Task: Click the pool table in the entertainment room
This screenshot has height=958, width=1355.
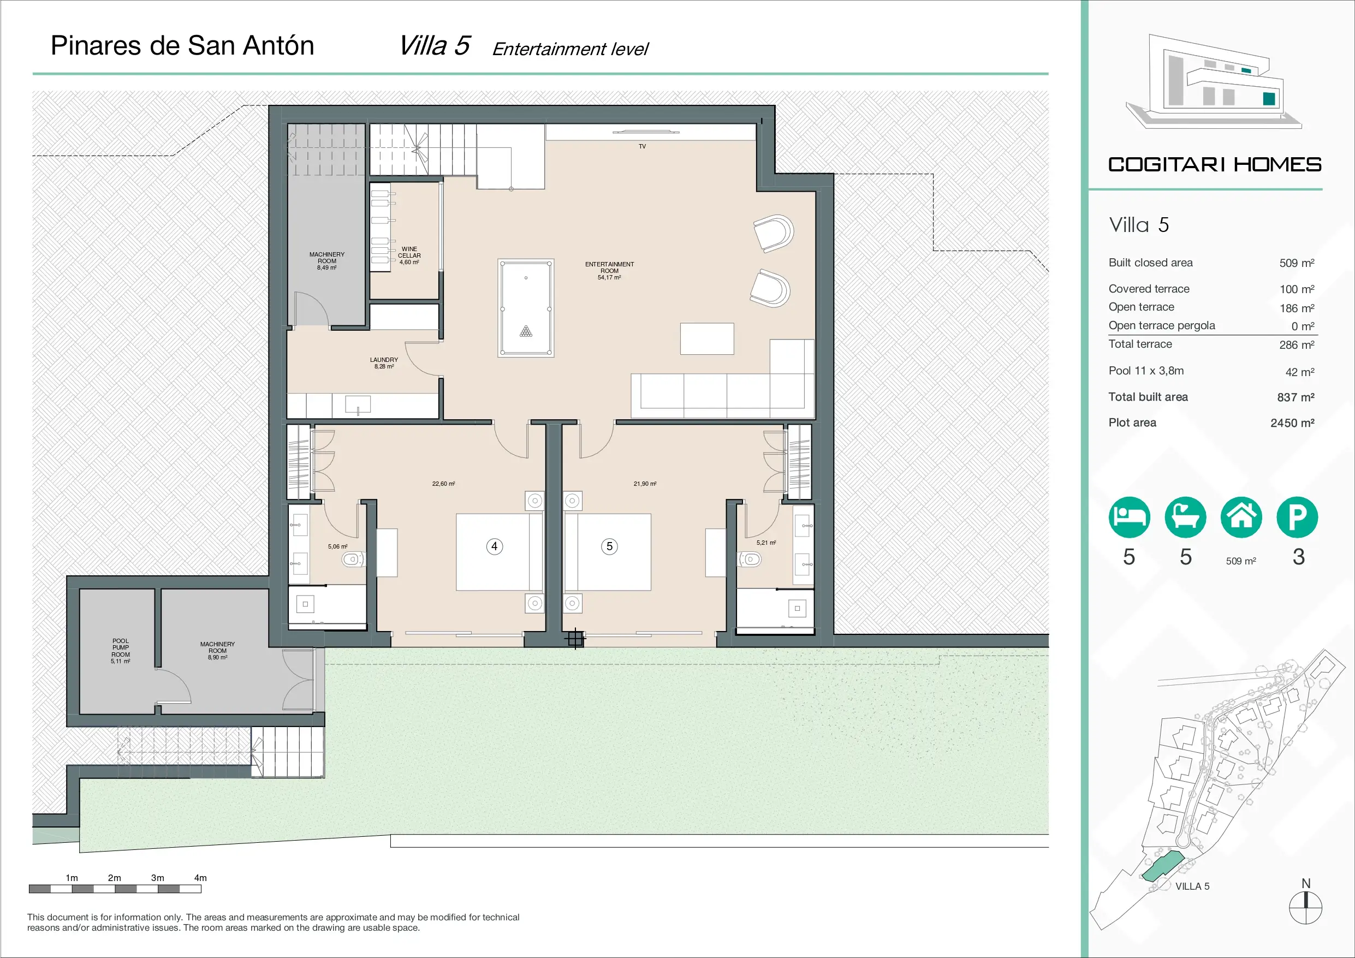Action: tap(526, 308)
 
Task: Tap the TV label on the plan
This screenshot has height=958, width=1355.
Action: tap(642, 146)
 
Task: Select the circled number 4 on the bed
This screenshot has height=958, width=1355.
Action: tap(495, 546)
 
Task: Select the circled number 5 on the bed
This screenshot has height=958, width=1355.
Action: tap(610, 546)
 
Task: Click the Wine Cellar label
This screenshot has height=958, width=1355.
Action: tap(409, 255)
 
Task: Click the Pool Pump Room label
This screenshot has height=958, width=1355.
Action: tap(121, 651)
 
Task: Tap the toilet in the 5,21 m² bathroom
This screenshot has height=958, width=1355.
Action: tap(750, 558)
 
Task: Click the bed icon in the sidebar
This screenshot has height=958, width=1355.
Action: tap(1129, 517)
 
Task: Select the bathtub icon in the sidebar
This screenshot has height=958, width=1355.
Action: tap(1185, 517)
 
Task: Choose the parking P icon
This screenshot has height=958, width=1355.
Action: tap(1297, 517)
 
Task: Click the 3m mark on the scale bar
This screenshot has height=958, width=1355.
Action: tap(158, 878)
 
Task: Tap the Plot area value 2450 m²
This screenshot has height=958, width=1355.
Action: tap(1292, 423)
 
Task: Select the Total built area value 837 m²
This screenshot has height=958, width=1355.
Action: tap(1296, 397)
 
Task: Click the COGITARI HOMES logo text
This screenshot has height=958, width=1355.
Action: tap(1215, 164)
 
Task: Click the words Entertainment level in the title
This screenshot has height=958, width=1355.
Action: tap(570, 49)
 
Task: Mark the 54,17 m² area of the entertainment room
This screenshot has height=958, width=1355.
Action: tap(609, 277)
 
